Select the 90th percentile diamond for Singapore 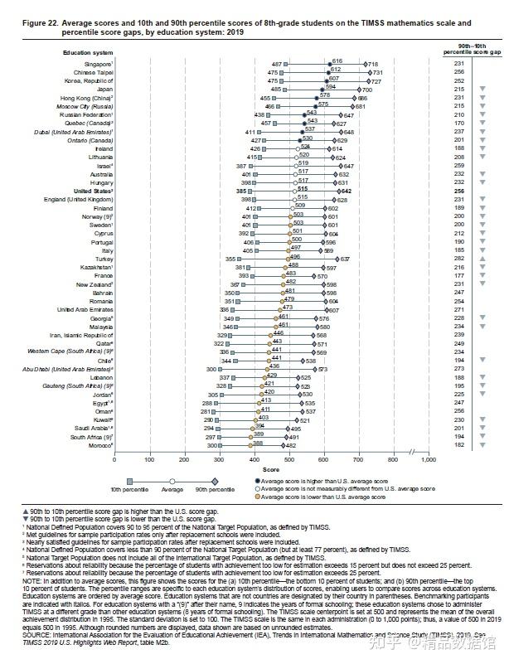364,64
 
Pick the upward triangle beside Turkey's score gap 482,259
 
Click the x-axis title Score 270,468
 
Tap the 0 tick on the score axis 114,458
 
